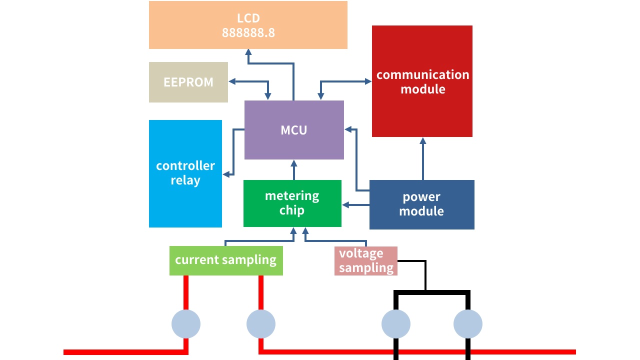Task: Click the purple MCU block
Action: click(294, 130)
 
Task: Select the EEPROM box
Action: click(188, 82)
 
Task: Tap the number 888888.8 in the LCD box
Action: click(248, 33)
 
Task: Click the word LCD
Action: click(248, 18)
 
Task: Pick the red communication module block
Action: click(422, 81)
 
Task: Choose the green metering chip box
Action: click(292, 203)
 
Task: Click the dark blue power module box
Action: click(421, 204)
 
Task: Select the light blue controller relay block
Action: click(185, 173)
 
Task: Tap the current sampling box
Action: click(226, 260)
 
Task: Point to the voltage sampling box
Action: click(365, 260)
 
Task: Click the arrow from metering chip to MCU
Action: click(294, 170)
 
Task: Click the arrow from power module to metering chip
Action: click(355, 204)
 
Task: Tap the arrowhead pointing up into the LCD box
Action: click(248, 52)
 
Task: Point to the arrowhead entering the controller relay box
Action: click(226, 174)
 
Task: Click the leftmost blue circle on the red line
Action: click(186, 324)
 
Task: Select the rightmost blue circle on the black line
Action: click(468, 324)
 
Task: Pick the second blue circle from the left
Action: click(261, 324)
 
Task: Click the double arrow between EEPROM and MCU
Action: click(248, 81)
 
